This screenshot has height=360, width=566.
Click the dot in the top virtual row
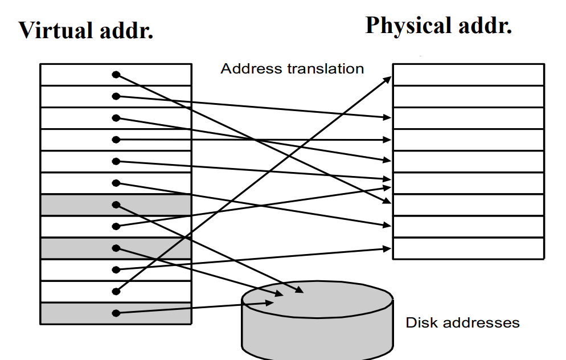tap(116, 75)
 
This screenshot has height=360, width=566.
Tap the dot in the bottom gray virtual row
tap(116, 313)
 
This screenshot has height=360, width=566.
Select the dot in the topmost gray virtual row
tap(116, 204)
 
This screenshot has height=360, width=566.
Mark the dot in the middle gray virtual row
tap(116, 248)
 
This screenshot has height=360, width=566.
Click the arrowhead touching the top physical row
tap(388, 78)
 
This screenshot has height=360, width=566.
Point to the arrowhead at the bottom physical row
tap(388, 248)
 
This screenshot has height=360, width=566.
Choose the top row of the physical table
tap(468, 75)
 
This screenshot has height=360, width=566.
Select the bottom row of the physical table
tap(468, 248)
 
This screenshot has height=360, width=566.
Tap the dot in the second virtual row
tap(116, 96)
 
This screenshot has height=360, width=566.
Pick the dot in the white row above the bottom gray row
tap(116, 291)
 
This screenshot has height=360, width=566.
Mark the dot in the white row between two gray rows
tap(116, 226)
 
